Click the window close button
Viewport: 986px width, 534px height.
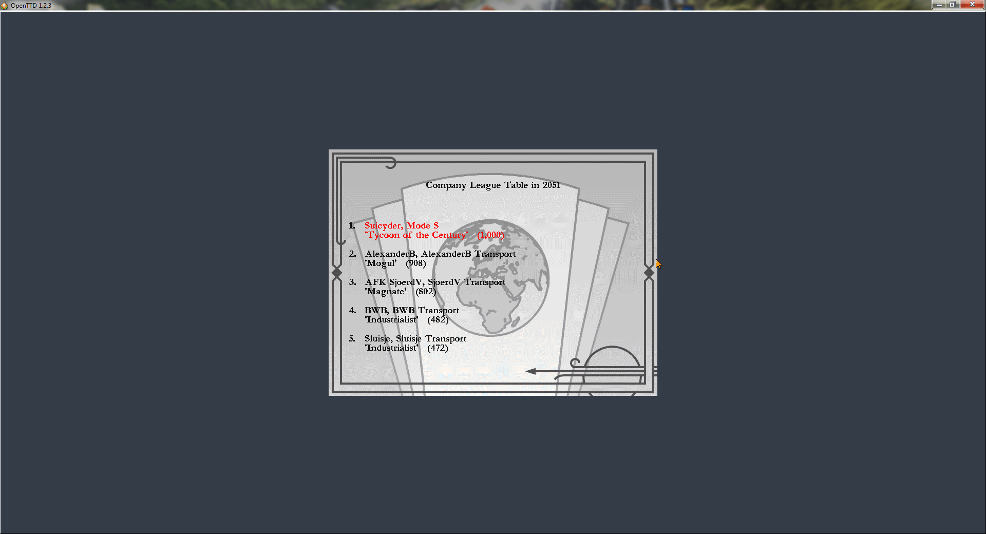click(x=972, y=5)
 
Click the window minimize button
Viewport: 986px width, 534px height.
click(x=939, y=5)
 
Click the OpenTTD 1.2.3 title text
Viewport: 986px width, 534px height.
click(x=31, y=6)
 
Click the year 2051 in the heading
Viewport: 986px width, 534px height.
click(x=552, y=185)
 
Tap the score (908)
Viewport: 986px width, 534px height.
click(x=416, y=263)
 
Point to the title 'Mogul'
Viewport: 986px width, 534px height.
click(x=381, y=263)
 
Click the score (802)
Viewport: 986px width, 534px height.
click(x=426, y=292)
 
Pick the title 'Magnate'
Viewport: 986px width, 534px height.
click(x=385, y=292)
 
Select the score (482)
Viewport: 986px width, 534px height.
click(x=438, y=320)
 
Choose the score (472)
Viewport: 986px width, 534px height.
click(x=438, y=348)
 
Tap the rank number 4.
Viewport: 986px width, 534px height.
click(x=352, y=310)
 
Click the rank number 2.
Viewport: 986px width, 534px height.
click(x=352, y=254)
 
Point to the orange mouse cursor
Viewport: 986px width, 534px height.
click(x=658, y=263)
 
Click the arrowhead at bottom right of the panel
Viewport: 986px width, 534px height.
click(x=531, y=371)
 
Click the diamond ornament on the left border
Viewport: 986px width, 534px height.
click(x=337, y=272)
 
